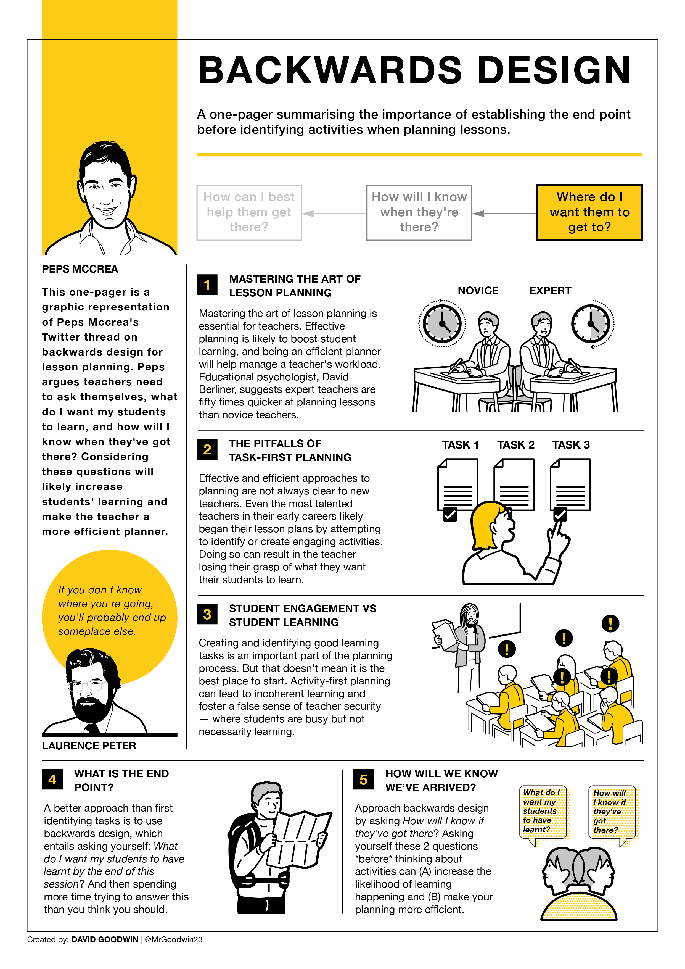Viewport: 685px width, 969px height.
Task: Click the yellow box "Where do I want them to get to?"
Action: (x=589, y=212)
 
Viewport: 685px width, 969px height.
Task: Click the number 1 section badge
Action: (x=207, y=285)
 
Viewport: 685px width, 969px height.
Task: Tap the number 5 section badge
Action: (x=363, y=780)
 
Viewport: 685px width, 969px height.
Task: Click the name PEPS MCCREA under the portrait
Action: (x=80, y=269)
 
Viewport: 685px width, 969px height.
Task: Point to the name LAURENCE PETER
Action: (x=89, y=746)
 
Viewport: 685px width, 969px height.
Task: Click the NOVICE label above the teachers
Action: (x=478, y=291)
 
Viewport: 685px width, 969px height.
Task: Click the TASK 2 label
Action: (x=515, y=445)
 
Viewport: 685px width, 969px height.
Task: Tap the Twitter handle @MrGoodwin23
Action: (x=173, y=939)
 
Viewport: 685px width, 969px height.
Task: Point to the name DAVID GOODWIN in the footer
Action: (x=105, y=939)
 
